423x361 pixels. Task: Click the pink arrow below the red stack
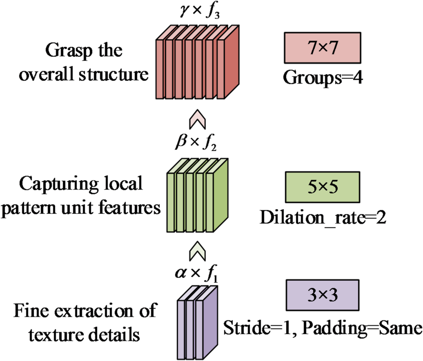197,121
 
